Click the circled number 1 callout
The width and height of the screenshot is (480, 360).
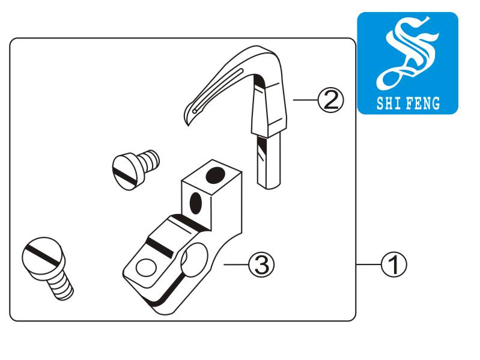point(394,264)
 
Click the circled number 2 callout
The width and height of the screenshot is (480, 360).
point(330,100)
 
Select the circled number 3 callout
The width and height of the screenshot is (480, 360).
point(261,264)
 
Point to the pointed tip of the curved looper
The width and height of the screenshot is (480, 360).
point(188,125)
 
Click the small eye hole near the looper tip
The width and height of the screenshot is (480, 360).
point(195,111)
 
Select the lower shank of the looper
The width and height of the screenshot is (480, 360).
point(269,160)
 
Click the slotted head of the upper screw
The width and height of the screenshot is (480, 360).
point(125,172)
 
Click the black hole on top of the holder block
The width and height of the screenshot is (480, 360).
point(216,175)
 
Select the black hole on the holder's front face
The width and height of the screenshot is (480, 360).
point(196,202)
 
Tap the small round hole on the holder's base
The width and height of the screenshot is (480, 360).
point(146,267)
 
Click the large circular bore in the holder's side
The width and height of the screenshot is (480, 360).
point(194,259)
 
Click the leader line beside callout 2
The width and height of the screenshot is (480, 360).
point(306,100)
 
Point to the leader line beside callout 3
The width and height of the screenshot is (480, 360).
point(236,264)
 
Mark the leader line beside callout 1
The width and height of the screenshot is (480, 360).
point(369,264)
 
